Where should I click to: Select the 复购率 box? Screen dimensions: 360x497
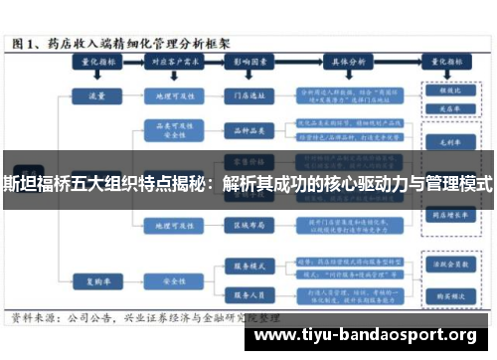(96, 280)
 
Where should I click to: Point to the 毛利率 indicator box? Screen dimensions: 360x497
(435, 141)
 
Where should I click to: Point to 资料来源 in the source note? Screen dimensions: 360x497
(36, 320)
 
